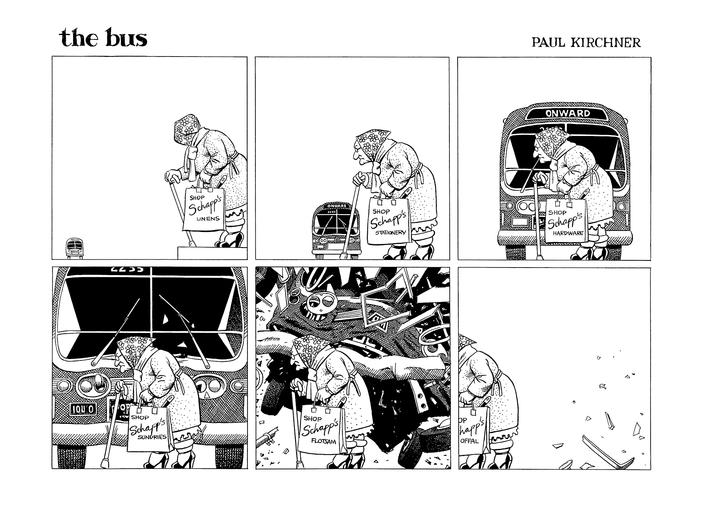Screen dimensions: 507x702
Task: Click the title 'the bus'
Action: coord(103,38)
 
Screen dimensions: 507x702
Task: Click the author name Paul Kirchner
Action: coord(586,42)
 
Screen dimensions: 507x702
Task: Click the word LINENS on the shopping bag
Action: coord(208,219)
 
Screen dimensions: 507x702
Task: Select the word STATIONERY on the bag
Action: coord(390,232)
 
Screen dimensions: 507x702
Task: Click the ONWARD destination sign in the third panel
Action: coord(568,113)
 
